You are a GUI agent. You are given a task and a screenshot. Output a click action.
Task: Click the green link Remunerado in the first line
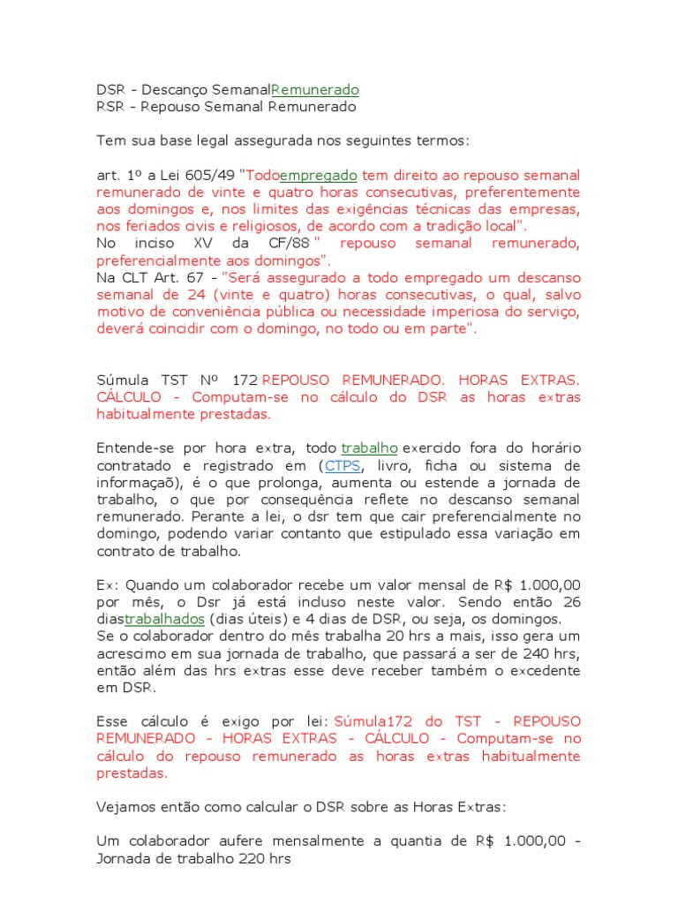pos(315,90)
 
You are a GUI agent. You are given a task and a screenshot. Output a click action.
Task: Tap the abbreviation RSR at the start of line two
pos(110,107)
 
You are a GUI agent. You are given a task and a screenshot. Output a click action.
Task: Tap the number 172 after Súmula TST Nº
pos(243,380)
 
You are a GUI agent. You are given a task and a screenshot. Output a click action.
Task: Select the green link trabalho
pos(369,448)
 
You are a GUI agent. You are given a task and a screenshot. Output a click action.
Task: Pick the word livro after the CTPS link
pos(395,465)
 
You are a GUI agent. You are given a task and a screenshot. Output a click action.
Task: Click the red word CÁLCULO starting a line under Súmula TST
pos(130,397)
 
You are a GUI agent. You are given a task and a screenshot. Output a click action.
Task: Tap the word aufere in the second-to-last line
pos(238,840)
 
